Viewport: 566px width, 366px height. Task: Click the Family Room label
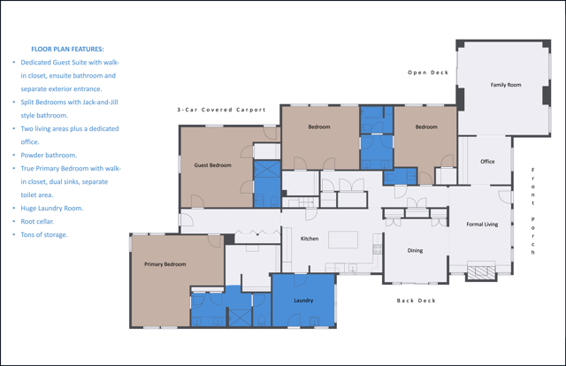(x=506, y=85)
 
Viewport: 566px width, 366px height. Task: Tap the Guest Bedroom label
(x=212, y=165)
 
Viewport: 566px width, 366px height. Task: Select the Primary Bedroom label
(x=165, y=264)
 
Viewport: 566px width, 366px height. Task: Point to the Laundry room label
(x=303, y=301)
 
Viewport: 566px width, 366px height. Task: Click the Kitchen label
(x=310, y=239)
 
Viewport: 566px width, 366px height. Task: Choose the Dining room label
(x=415, y=250)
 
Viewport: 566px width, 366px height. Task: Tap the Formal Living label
(x=482, y=225)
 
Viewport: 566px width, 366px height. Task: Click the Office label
(x=487, y=162)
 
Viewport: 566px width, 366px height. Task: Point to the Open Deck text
(x=428, y=72)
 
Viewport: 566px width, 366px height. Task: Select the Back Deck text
(x=416, y=301)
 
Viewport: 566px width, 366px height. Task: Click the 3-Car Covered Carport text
(x=221, y=110)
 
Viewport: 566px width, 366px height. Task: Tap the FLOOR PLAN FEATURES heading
(x=67, y=50)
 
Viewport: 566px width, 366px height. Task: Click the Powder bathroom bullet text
(x=49, y=156)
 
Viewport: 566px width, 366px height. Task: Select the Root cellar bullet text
(x=37, y=222)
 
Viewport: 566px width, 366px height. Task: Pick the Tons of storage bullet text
(x=44, y=235)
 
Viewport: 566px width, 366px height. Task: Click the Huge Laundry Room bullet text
(x=52, y=209)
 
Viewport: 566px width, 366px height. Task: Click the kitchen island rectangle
(x=343, y=240)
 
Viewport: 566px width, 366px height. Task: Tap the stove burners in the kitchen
(x=378, y=249)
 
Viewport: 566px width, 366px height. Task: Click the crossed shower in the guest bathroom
(x=267, y=169)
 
